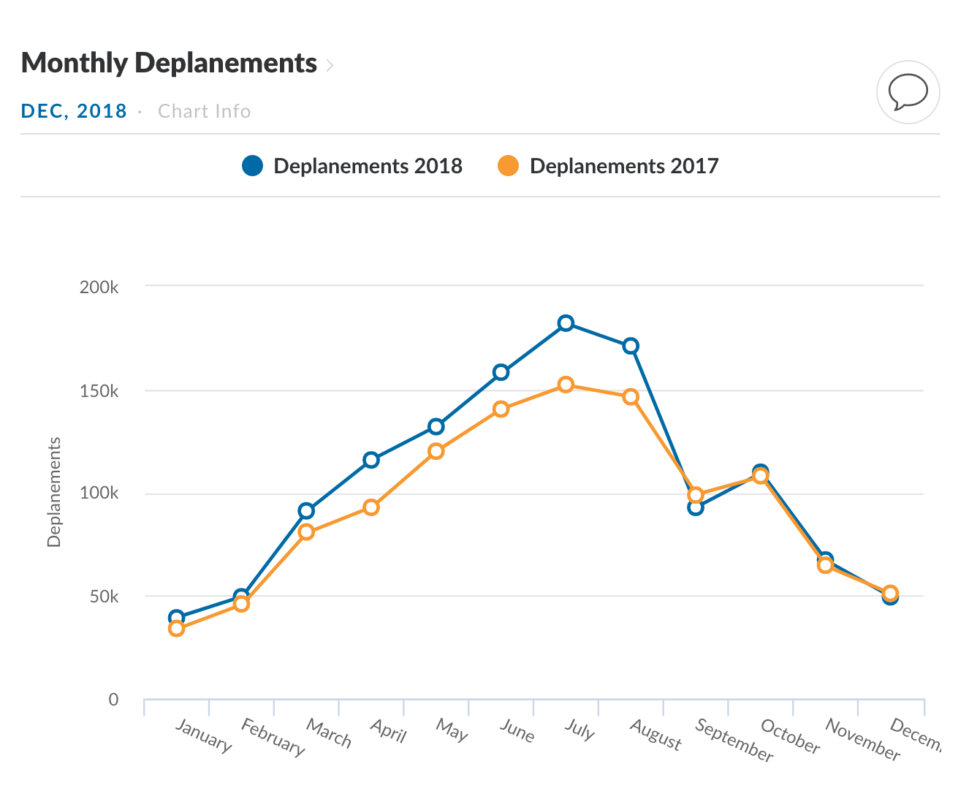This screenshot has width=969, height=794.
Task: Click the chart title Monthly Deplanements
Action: tap(169, 63)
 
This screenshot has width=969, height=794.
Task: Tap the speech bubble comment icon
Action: tap(908, 93)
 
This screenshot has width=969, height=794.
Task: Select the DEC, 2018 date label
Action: tap(74, 111)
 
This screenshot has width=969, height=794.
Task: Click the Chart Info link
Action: tap(204, 111)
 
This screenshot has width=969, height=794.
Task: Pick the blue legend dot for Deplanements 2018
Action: tap(252, 166)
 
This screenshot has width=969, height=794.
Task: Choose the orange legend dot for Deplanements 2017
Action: tap(508, 166)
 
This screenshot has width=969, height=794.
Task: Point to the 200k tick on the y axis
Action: tap(99, 287)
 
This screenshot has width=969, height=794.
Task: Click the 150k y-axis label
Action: tap(99, 391)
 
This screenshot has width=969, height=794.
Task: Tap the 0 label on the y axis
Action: tap(113, 700)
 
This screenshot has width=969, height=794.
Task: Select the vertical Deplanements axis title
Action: tap(54, 492)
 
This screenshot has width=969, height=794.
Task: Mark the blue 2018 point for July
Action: tap(566, 323)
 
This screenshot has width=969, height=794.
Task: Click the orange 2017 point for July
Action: tap(566, 385)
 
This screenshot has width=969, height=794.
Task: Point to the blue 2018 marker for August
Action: tap(631, 346)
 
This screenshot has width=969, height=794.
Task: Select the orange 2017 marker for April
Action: tap(371, 507)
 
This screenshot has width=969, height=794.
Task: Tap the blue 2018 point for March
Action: tap(306, 510)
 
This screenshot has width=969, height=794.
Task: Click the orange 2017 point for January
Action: tap(176, 629)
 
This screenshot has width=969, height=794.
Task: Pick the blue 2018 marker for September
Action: tap(696, 507)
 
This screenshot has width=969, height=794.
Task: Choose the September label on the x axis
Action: tap(734, 740)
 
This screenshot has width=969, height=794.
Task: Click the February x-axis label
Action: tap(273, 737)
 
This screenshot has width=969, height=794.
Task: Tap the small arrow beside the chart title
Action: tap(330, 65)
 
